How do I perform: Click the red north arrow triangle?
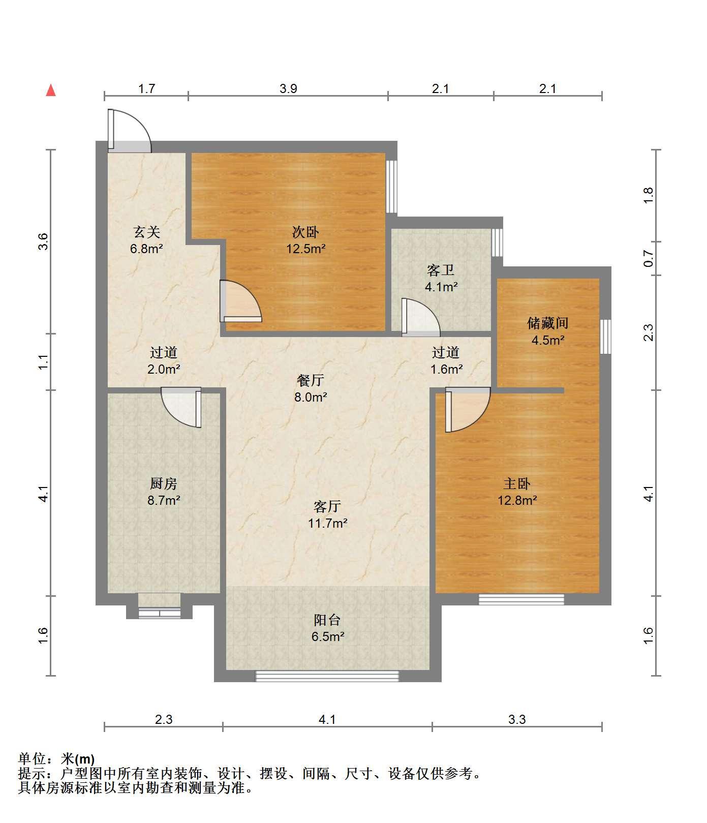pyautogui.click(x=51, y=90)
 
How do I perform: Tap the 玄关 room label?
pyautogui.click(x=147, y=232)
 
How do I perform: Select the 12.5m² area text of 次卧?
pyautogui.click(x=305, y=249)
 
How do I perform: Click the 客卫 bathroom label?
pyautogui.click(x=440, y=270)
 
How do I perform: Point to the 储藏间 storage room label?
pyautogui.click(x=547, y=323)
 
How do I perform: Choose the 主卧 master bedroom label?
pyautogui.click(x=517, y=483)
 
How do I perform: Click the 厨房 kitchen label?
pyautogui.click(x=164, y=483)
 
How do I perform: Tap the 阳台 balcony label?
pyautogui.click(x=327, y=620)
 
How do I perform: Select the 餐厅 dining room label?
pyautogui.click(x=310, y=380)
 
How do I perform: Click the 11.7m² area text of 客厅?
pyautogui.click(x=328, y=523)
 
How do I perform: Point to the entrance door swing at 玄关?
pyautogui.click(x=130, y=131)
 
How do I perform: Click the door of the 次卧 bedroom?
pyautogui.click(x=241, y=301)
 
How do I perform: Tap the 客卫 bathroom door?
pyautogui.click(x=421, y=317)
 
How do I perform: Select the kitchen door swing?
pyautogui.click(x=181, y=408)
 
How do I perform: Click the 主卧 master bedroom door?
pyautogui.click(x=468, y=410)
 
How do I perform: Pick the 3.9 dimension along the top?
pyautogui.click(x=288, y=89)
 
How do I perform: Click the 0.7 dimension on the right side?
pyautogui.click(x=648, y=259)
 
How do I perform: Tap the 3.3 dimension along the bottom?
pyautogui.click(x=517, y=719)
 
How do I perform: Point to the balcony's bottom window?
pyautogui.click(x=327, y=676)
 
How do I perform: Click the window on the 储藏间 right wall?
pyautogui.click(x=605, y=336)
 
